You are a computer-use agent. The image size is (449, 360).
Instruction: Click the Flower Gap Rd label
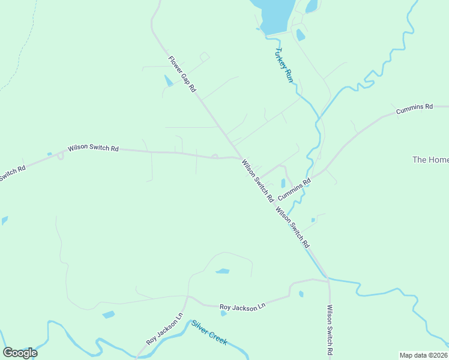tap(182, 73)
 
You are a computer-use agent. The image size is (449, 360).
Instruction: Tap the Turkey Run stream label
tap(284, 65)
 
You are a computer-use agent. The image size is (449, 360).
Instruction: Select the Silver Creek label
tap(209, 332)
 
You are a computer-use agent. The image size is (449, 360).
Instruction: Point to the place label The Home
tap(430, 160)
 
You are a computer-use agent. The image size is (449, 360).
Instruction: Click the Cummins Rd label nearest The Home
tap(414, 109)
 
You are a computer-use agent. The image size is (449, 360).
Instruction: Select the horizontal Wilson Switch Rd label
tap(93, 148)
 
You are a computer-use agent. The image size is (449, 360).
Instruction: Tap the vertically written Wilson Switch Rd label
tap(330, 329)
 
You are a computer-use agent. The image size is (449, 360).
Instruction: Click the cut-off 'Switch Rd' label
tap(12, 173)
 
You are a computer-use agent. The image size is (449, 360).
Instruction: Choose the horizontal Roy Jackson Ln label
tap(242, 307)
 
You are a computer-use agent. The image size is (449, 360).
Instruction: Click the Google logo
tap(20, 353)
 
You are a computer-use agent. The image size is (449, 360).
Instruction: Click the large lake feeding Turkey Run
tap(273, 14)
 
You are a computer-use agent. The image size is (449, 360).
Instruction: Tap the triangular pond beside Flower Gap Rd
tap(169, 80)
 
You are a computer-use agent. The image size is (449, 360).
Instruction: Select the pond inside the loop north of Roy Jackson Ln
tap(222, 271)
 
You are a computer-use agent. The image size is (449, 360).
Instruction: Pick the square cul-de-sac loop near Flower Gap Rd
tap(204, 57)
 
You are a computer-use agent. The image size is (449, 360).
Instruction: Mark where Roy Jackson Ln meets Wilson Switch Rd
tap(328, 278)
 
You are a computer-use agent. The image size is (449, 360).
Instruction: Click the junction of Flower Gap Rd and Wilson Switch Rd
tap(235, 157)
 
